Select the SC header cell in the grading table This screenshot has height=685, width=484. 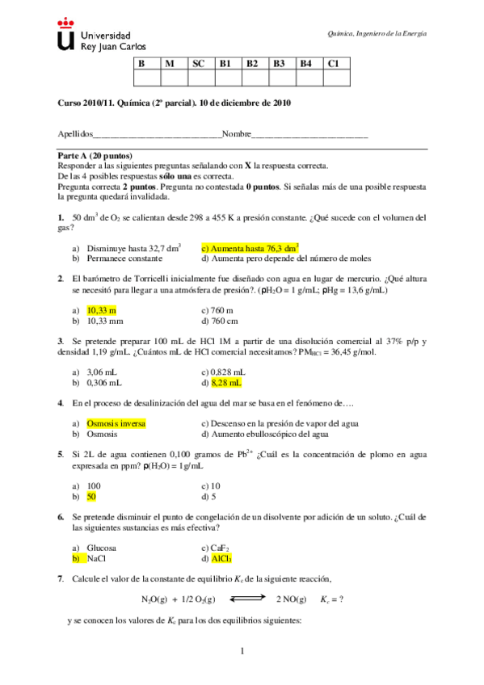(x=199, y=63)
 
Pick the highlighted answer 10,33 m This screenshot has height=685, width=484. (x=102, y=310)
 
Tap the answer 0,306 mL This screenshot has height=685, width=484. (x=104, y=383)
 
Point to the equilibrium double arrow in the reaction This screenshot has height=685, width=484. (x=242, y=599)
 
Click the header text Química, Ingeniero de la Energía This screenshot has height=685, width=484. (x=377, y=33)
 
